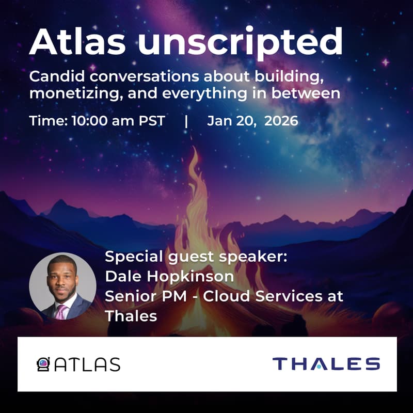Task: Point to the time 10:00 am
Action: coord(101,121)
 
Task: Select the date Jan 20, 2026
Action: coord(252,121)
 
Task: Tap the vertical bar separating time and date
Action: coord(186,121)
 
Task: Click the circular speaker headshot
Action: coord(62,286)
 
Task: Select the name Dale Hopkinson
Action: coord(169,277)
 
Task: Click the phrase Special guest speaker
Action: coord(196,257)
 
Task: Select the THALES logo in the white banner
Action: coord(326,364)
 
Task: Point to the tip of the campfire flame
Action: coord(195,149)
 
